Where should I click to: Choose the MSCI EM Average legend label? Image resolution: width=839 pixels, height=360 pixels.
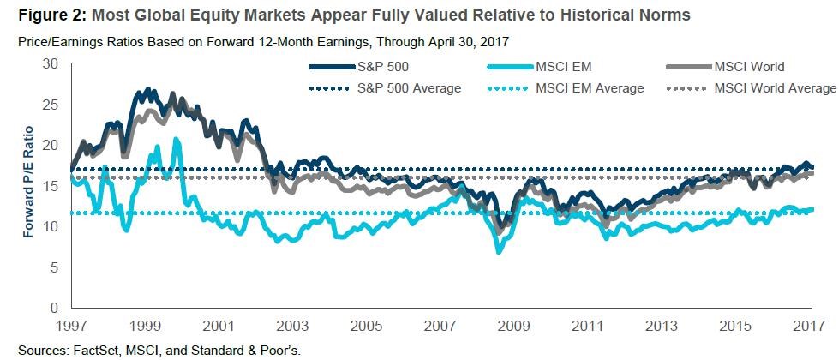[590, 87]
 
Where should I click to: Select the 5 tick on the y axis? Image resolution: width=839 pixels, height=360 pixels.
[53, 267]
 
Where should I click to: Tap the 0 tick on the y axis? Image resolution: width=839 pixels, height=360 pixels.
[53, 308]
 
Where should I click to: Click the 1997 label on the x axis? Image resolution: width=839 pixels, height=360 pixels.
[70, 327]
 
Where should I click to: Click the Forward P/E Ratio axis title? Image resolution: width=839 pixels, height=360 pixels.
[28, 182]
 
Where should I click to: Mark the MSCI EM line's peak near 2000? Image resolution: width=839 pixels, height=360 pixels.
[177, 139]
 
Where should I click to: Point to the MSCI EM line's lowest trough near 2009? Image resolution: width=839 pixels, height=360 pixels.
[498, 252]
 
